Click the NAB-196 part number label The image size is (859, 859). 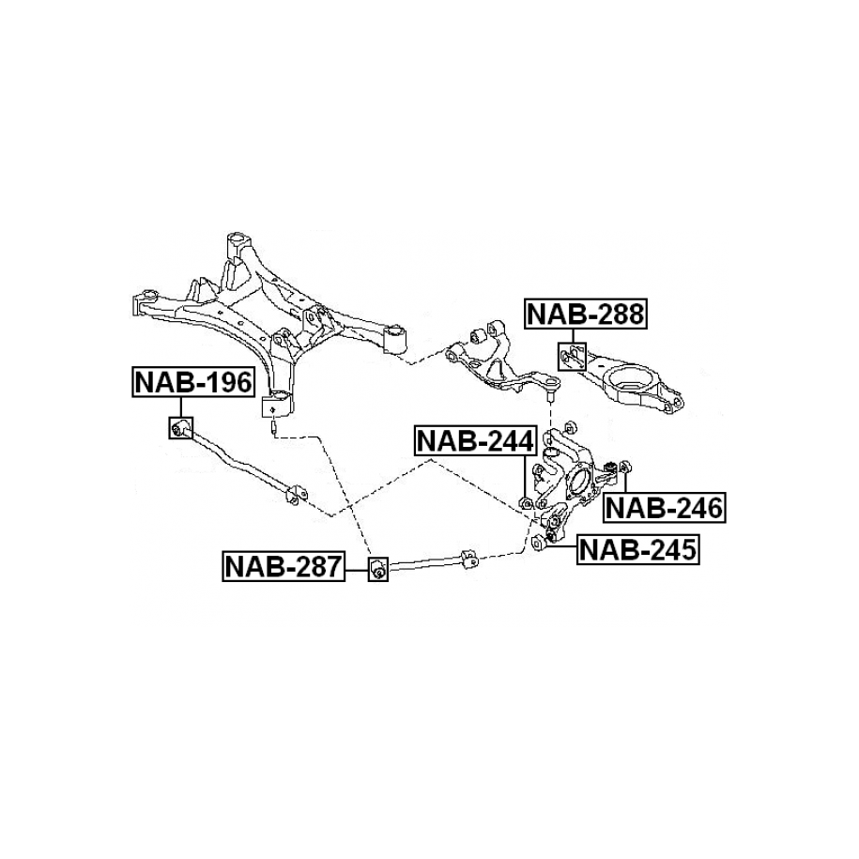click(x=193, y=382)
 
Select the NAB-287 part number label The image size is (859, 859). click(x=284, y=566)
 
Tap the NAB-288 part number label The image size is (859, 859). click(x=586, y=314)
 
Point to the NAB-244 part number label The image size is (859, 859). click(x=475, y=440)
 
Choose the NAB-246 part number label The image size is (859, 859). click(x=665, y=508)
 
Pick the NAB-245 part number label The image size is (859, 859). click(x=638, y=549)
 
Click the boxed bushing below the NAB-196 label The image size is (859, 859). click(x=181, y=427)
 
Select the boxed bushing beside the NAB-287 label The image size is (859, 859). click(x=378, y=569)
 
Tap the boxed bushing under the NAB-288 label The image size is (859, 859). click(x=572, y=357)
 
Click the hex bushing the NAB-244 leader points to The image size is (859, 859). click(x=525, y=503)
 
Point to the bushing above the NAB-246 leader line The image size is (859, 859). click(x=625, y=467)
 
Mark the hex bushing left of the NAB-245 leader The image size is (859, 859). click(x=537, y=542)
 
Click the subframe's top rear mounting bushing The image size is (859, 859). click(x=238, y=241)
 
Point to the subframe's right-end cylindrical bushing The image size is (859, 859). click(x=394, y=340)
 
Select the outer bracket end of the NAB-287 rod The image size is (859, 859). click(x=469, y=559)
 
